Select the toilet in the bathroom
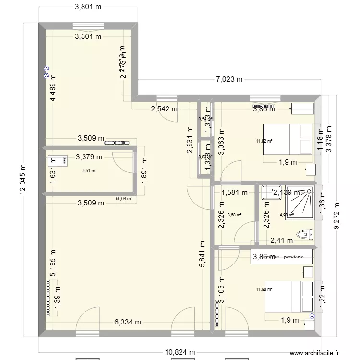click(x=305, y=234)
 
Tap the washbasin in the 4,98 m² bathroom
click(x=268, y=192)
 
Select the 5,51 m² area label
click(x=89, y=170)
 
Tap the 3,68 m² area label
click(x=235, y=215)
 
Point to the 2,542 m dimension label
click(x=164, y=109)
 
